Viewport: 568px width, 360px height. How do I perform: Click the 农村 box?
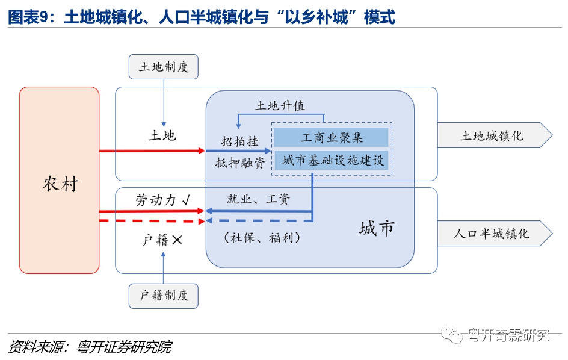[x=59, y=181]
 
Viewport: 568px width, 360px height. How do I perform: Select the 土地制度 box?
[x=163, y=66]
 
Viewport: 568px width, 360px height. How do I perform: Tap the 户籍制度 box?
[x=163, y=295]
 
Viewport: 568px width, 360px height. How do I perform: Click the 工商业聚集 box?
[x=332, y=137]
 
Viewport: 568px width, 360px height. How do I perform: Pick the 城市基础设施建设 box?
[x=332, y=160]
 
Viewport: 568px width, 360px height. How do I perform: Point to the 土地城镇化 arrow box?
[x=493, y=135]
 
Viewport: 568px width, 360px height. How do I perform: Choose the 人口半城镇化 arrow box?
[x=493, y=233]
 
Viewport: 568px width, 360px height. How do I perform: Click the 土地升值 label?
[x=280, y=105]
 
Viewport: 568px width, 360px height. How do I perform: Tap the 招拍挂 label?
[x=239, y=141]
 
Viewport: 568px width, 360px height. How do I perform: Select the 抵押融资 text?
[x=240, y=163]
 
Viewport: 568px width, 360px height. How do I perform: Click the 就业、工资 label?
[x=258, y=199]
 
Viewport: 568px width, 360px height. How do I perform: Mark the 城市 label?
[x=377, y=228]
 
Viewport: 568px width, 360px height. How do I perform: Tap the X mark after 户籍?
[x=177, y=240]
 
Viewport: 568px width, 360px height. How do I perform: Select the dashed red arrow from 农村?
[x=150, y=220]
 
